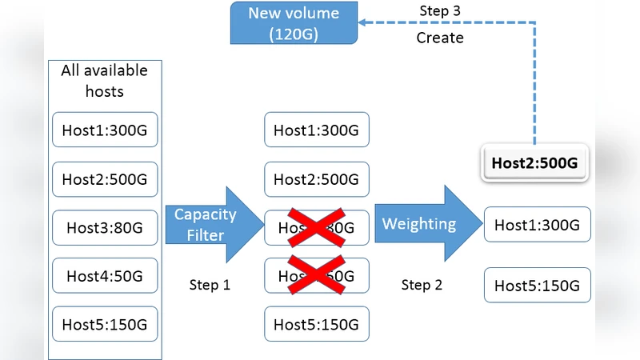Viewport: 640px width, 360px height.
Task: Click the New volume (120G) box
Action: click(294, 23)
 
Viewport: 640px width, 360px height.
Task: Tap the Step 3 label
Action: click(441, 11)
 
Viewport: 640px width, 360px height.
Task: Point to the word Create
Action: click(440, 38)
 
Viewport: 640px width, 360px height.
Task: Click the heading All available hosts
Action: click(105, 81)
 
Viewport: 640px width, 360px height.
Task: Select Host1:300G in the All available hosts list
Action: click(105, 130)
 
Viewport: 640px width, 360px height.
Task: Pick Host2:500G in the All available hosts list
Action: click(105, 179)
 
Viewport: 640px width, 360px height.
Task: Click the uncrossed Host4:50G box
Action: click(105, 276)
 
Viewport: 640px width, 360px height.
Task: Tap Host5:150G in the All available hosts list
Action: click(105, 324)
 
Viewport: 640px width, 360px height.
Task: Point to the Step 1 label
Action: click(210, 285)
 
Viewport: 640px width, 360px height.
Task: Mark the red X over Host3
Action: click(317, 226)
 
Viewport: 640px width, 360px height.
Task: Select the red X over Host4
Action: click(317, 274)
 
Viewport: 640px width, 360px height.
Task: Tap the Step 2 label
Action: click(422, 285)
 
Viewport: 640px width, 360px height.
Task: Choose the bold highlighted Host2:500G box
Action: click(534, 164)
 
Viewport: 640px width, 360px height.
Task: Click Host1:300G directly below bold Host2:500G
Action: click(537, 225)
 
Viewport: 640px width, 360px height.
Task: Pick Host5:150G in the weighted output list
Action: click(537, 286)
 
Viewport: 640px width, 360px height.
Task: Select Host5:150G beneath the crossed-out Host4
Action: click(317, 324)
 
